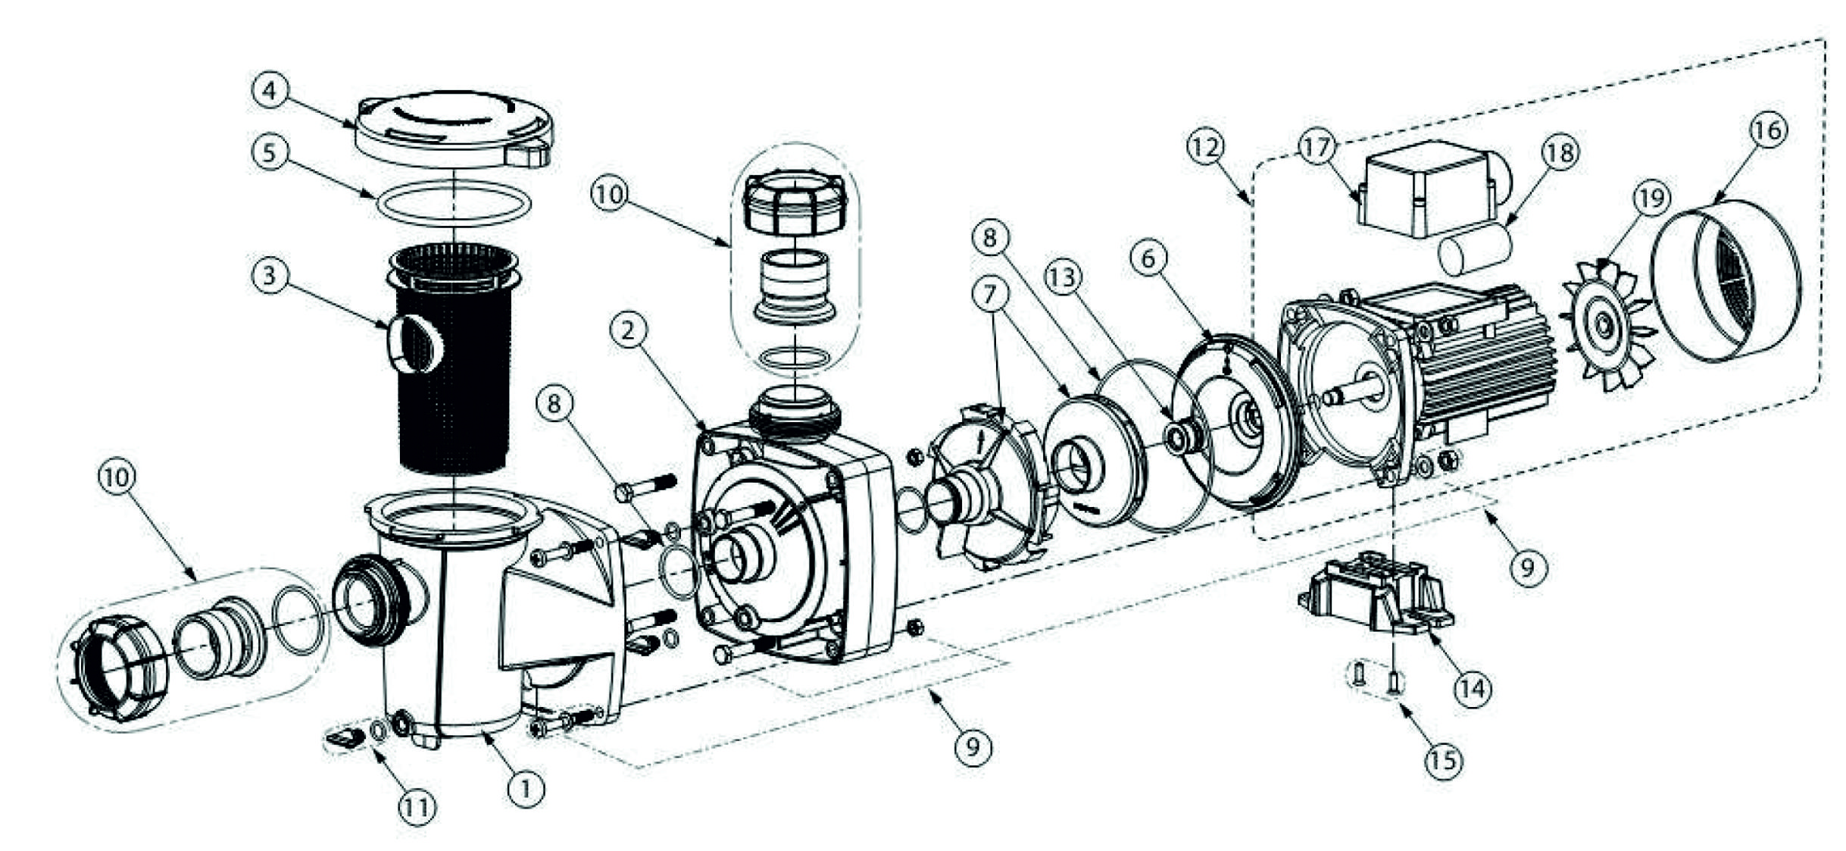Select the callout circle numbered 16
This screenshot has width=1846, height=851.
[1767, 130]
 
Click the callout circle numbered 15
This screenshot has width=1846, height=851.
[1444, 760]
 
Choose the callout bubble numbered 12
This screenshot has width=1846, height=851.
[1205, 147]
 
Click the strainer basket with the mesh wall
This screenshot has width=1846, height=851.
[454, 356]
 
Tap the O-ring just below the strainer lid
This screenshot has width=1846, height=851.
[453, 205]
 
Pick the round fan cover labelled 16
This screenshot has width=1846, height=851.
[1727, 280]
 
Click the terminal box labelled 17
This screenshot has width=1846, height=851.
[1424, 193]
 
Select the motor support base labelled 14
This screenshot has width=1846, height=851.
[1371, 599]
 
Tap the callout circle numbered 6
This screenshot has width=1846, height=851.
[1148, 258]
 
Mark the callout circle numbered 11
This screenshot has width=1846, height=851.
[417, 808]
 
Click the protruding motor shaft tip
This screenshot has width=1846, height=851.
[1332, 396]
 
